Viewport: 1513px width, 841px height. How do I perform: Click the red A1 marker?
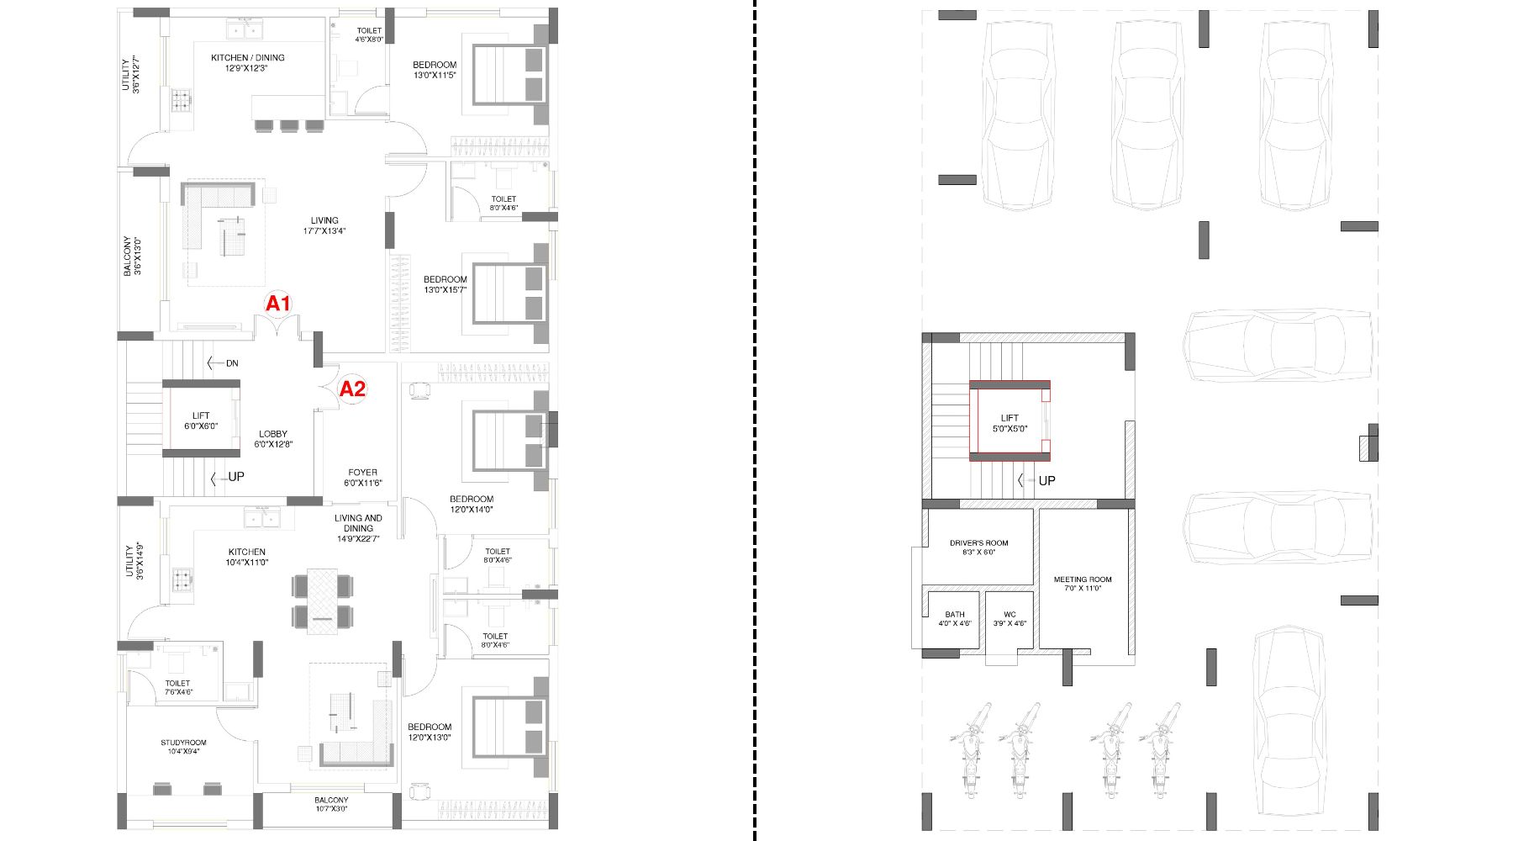pos(278,304)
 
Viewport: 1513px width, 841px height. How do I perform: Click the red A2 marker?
pos(352,389)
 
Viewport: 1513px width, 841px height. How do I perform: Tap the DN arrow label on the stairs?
pos(223,363)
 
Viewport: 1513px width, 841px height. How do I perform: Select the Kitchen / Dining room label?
pos(247,63)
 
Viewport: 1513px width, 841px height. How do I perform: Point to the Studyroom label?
pos(183,747)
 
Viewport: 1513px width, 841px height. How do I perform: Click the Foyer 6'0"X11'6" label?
pos(362,478)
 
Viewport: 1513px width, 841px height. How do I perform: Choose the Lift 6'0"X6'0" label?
pos(201,420)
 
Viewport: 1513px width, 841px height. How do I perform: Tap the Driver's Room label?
pos(978,547)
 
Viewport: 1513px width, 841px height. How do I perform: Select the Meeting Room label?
pos(1083,584)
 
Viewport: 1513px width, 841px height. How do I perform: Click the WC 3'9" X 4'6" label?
pos(1010,619)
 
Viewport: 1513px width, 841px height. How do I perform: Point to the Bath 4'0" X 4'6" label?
pos(955,619)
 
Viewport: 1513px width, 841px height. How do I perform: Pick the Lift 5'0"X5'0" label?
pos(1010,423)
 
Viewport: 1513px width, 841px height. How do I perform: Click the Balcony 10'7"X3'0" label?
pos(331,804)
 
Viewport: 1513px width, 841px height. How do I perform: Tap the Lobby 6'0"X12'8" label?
pos(273,439)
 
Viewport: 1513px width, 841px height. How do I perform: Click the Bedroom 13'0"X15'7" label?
pos(445,284)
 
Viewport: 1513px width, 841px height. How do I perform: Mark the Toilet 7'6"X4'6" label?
pos(177,688)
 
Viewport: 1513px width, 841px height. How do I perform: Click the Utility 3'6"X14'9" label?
pos(134,561)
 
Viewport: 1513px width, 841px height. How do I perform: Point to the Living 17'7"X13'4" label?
pos(324,225)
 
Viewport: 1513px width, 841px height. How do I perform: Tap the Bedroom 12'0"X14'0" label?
pos(472,504)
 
